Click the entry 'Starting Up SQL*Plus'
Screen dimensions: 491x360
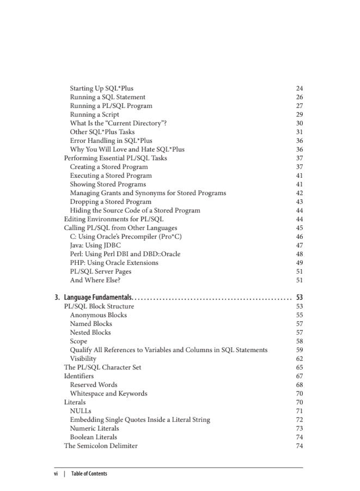pyautogui.click(x=101, y=88)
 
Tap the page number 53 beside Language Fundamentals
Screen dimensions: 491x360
pyautogui.click(x=299, y=298)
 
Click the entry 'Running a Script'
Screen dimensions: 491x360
pyautogui.click(x=94, y=114)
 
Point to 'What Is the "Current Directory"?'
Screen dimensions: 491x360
pyautogui.click(x=118, y=123)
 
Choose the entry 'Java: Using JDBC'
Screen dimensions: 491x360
pyautogui.click(x=95, y=245)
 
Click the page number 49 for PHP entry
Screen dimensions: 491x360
pyautogui.click(x=299, y=263)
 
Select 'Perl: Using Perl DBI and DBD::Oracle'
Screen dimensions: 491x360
pyautogui.click(x=125, y=254)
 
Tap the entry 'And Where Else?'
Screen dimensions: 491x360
pyautogui.click(x=95, y=280)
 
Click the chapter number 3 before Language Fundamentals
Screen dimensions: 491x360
pyautogui.click(x=57, y=298)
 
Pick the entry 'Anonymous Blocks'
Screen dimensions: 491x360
pyautogui.click(x=98, y=315)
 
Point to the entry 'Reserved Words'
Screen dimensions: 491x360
pyautogui.click(x=93, y=385)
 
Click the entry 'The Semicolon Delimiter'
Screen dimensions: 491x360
pyautogui.click(x=101, y=446)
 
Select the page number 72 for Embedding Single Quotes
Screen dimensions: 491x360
pyautogui.click(x=299, y=420)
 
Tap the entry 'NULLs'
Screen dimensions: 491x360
pyautogui.click(x=81, y=411)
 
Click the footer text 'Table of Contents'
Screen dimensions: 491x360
pyautogui.click(x=89, y=474)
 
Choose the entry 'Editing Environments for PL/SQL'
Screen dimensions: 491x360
pyautogui.click(x=114, y=219)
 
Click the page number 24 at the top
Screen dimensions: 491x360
pyautogui.click(x=299, y=88)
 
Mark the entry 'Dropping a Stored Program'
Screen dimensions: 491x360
pyautogui.click(x=111, y=202)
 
